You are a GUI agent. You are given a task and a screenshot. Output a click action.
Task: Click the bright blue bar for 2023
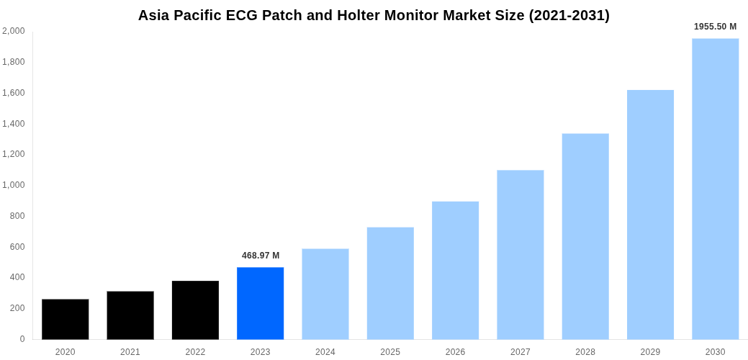(x=260, y=303)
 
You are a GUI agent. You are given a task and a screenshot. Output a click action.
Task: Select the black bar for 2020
(x=66, y=319)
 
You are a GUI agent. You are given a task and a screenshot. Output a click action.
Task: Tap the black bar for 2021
(x=130, y=315)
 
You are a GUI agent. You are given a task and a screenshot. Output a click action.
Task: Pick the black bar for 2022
(x=195, y=310)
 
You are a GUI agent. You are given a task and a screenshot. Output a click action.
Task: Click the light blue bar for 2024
(x=325, y=294)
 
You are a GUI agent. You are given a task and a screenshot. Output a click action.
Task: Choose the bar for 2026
(x=455, y=270)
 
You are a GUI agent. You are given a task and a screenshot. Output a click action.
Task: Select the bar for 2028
(x=585, y=236)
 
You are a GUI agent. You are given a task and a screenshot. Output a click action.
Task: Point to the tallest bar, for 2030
(x=715, y=189)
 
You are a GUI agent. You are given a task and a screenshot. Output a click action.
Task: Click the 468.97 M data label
(x=261, y=256)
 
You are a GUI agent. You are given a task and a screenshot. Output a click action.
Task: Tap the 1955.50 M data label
(x=715, y=27)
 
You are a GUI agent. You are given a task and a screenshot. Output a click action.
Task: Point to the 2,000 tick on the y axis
(x=14, y=31)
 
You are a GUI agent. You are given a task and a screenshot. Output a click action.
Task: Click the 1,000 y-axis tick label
(x=14, y=185)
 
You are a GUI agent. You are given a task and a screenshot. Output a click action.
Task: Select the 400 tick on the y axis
(x=17, y=277)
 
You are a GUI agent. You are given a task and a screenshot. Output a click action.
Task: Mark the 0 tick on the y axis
(x=22, y=339)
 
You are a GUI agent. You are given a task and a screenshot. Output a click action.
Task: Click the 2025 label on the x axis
(x=390, y=352)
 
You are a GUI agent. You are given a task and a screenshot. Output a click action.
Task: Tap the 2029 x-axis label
(x=650, y=352)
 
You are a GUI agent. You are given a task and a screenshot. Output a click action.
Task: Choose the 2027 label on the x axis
(x=521, y=352)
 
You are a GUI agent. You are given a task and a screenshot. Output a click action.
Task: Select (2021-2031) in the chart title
(x=569, y=15)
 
